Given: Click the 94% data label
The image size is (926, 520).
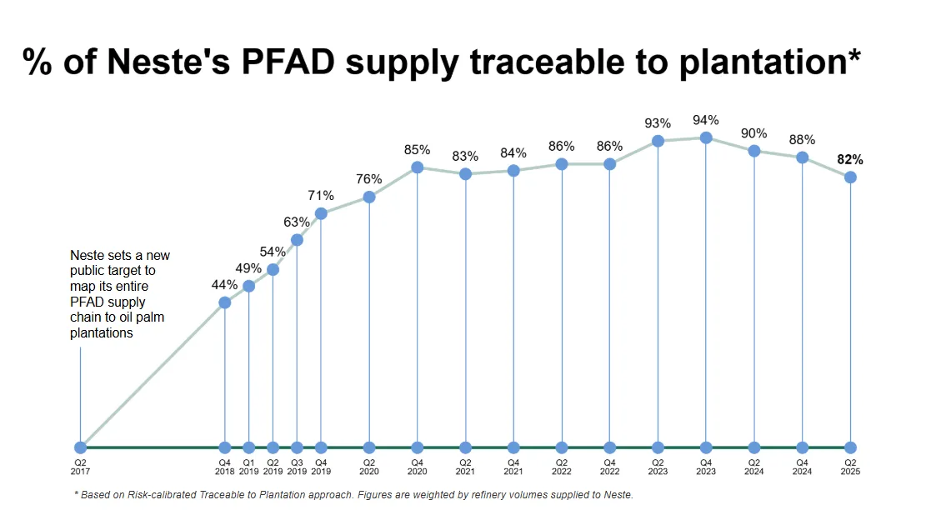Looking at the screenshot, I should point(706,120).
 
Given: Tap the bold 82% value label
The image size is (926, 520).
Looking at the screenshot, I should point(850,159).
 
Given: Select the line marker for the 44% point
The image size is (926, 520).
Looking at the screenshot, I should point(224,302).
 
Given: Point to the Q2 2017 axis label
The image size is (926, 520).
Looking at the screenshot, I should point(80,467).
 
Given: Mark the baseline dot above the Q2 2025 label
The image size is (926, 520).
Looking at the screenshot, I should point(850,447).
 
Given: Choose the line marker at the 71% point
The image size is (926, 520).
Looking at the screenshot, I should point(321,213).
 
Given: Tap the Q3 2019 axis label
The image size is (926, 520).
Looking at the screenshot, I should point(297,467).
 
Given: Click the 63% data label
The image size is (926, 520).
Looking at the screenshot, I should point(296,222).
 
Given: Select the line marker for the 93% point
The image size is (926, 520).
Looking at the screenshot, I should point(658,141).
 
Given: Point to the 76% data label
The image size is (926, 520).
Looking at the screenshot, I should point(368,179).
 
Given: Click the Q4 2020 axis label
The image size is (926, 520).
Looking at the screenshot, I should point(417,467).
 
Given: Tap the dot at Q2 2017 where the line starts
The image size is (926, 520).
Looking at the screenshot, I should point(80,447).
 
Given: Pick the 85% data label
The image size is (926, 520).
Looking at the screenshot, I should point(417,150).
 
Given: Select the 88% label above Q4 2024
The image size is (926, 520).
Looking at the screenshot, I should point(802,140).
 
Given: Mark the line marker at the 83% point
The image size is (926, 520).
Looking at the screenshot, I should point(465,173).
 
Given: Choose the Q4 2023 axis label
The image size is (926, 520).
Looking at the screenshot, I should point(706,467).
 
